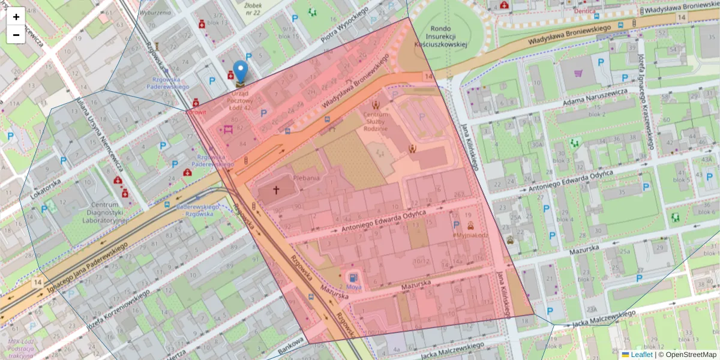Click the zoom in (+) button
(x=16, y=17)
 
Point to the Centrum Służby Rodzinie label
(x=376, y=121)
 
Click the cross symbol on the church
(x=276, y=190)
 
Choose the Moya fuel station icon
(x=353, y=278)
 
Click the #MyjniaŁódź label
(x=471, y=235)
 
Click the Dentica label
(x=584, y=11)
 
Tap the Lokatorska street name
(x=43, y=179)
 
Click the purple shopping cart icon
(x=578, y=73)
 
